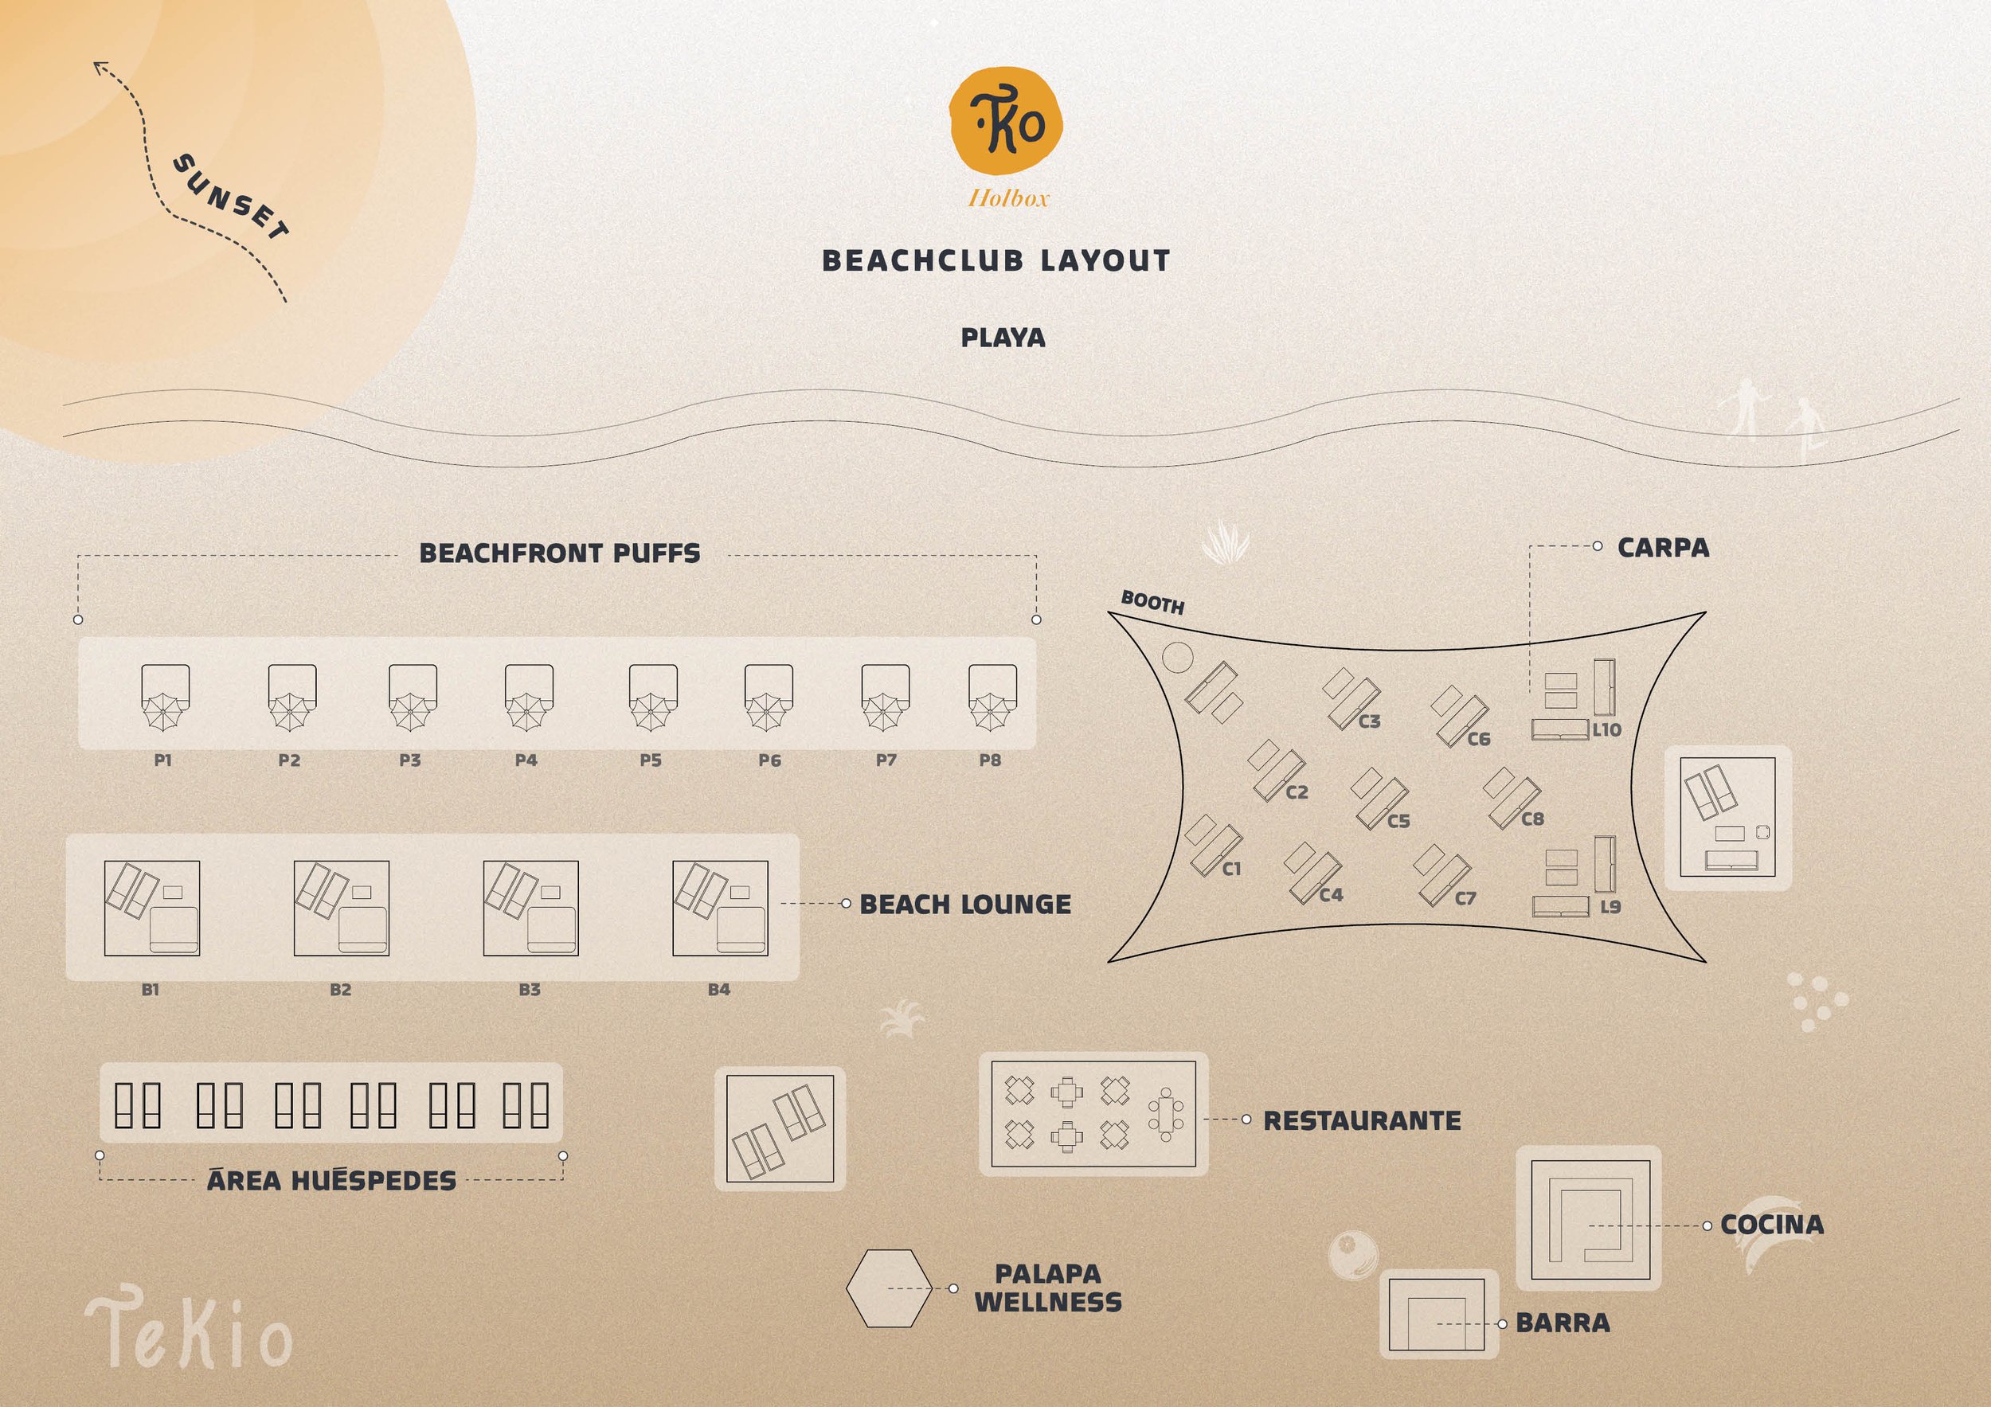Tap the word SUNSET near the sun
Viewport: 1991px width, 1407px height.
[232, 197]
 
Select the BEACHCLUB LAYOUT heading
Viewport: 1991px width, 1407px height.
[996, 261]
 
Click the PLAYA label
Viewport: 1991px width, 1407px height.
[1003, 338]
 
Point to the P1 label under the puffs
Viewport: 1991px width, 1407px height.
[163, 760]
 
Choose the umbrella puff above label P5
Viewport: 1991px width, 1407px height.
[653, 698]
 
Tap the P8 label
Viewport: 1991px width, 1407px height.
[989, 760]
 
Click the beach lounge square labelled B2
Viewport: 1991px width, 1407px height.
[341, 908]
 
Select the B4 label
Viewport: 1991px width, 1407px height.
[719, 989]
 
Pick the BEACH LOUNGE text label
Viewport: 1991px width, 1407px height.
[965, 905]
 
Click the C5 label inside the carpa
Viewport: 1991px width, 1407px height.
[1398, 821]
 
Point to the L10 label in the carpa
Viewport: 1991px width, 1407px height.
[1606, 730]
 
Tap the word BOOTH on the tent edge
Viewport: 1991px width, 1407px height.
[1152, 602]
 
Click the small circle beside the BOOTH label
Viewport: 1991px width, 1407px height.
[1177, 657]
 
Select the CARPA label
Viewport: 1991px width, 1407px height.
[1663, 548]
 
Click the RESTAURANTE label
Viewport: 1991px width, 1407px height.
[1361, 1120]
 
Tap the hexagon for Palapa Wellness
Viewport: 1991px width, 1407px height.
[889, 1288]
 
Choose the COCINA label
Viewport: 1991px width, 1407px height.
[1772, 1224]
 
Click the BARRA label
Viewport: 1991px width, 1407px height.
[1563, 1323]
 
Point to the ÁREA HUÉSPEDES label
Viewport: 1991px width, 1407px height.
[331, 1180]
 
